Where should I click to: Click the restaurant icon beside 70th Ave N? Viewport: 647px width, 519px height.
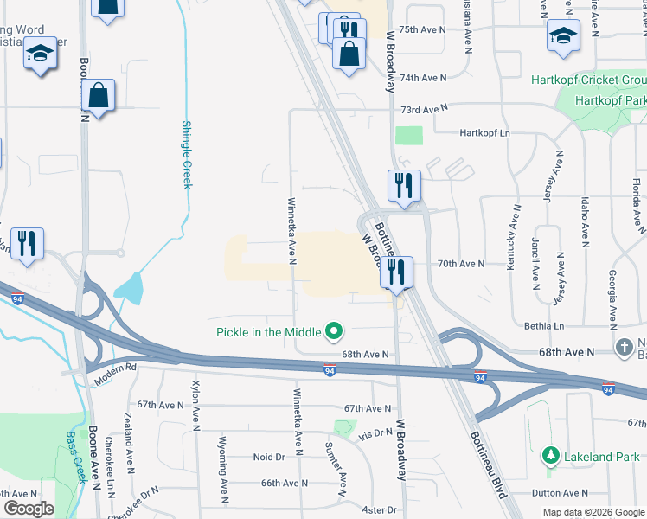(396, 272)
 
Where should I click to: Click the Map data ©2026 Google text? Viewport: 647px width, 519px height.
(593, 512)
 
